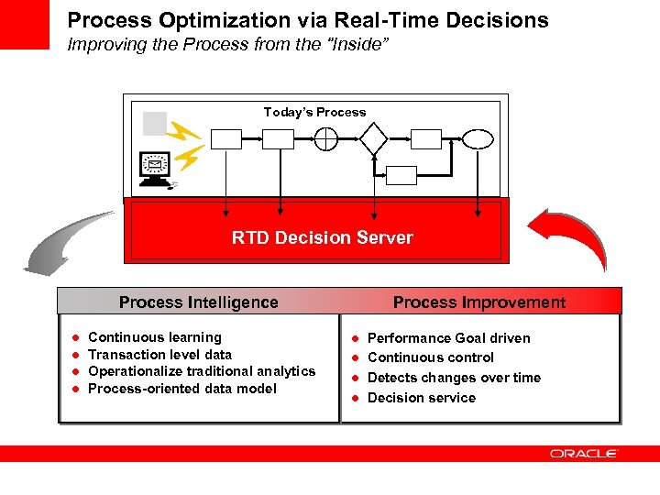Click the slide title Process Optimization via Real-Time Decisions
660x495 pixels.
(x=308, y=20)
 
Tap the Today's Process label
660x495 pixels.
(x=314, y=112)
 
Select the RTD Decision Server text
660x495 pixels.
(x=322, y=238)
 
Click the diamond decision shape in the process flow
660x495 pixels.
(x=374, y=139)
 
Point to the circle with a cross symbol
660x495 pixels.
(x=326, y=139)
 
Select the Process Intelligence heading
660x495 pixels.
(x=198, y=302)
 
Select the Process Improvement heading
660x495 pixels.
(x=479, y=302)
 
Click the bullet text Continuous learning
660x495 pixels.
(x=154, y=337)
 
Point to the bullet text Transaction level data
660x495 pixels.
(x=159, y=355)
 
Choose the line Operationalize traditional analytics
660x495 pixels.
(x=201, y=371)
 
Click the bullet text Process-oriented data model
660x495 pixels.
(x=181, y=389)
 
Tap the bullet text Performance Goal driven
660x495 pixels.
(x=448, y=338)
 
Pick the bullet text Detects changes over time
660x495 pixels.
(x=454, y=378)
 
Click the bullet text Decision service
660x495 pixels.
(x=421, y=398)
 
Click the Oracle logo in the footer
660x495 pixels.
(x=583, y=454)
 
